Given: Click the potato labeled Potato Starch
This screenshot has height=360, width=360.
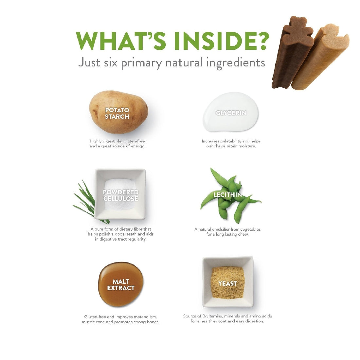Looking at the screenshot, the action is (x=118, y=112).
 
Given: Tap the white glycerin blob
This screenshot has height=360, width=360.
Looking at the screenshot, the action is (x=231, y=112).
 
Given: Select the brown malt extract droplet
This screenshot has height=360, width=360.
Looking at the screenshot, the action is (x=120, y=284).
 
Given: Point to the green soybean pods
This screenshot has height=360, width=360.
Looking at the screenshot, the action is (x=230, y=195).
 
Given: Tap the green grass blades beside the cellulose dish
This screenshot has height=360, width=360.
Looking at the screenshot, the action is (x=88, y=202).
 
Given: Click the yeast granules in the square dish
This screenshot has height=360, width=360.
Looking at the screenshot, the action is (x=227, y=282).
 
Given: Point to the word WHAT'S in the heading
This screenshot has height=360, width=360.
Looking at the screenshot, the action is (x=121, y=41).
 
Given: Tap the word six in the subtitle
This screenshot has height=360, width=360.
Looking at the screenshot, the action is (x=111, y=63).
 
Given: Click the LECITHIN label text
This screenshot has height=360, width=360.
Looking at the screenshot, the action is (x=227, y=195).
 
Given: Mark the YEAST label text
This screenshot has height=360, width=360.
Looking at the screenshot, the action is (x=227, y=283).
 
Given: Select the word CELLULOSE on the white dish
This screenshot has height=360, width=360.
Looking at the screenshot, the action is (x=121, y=199).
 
